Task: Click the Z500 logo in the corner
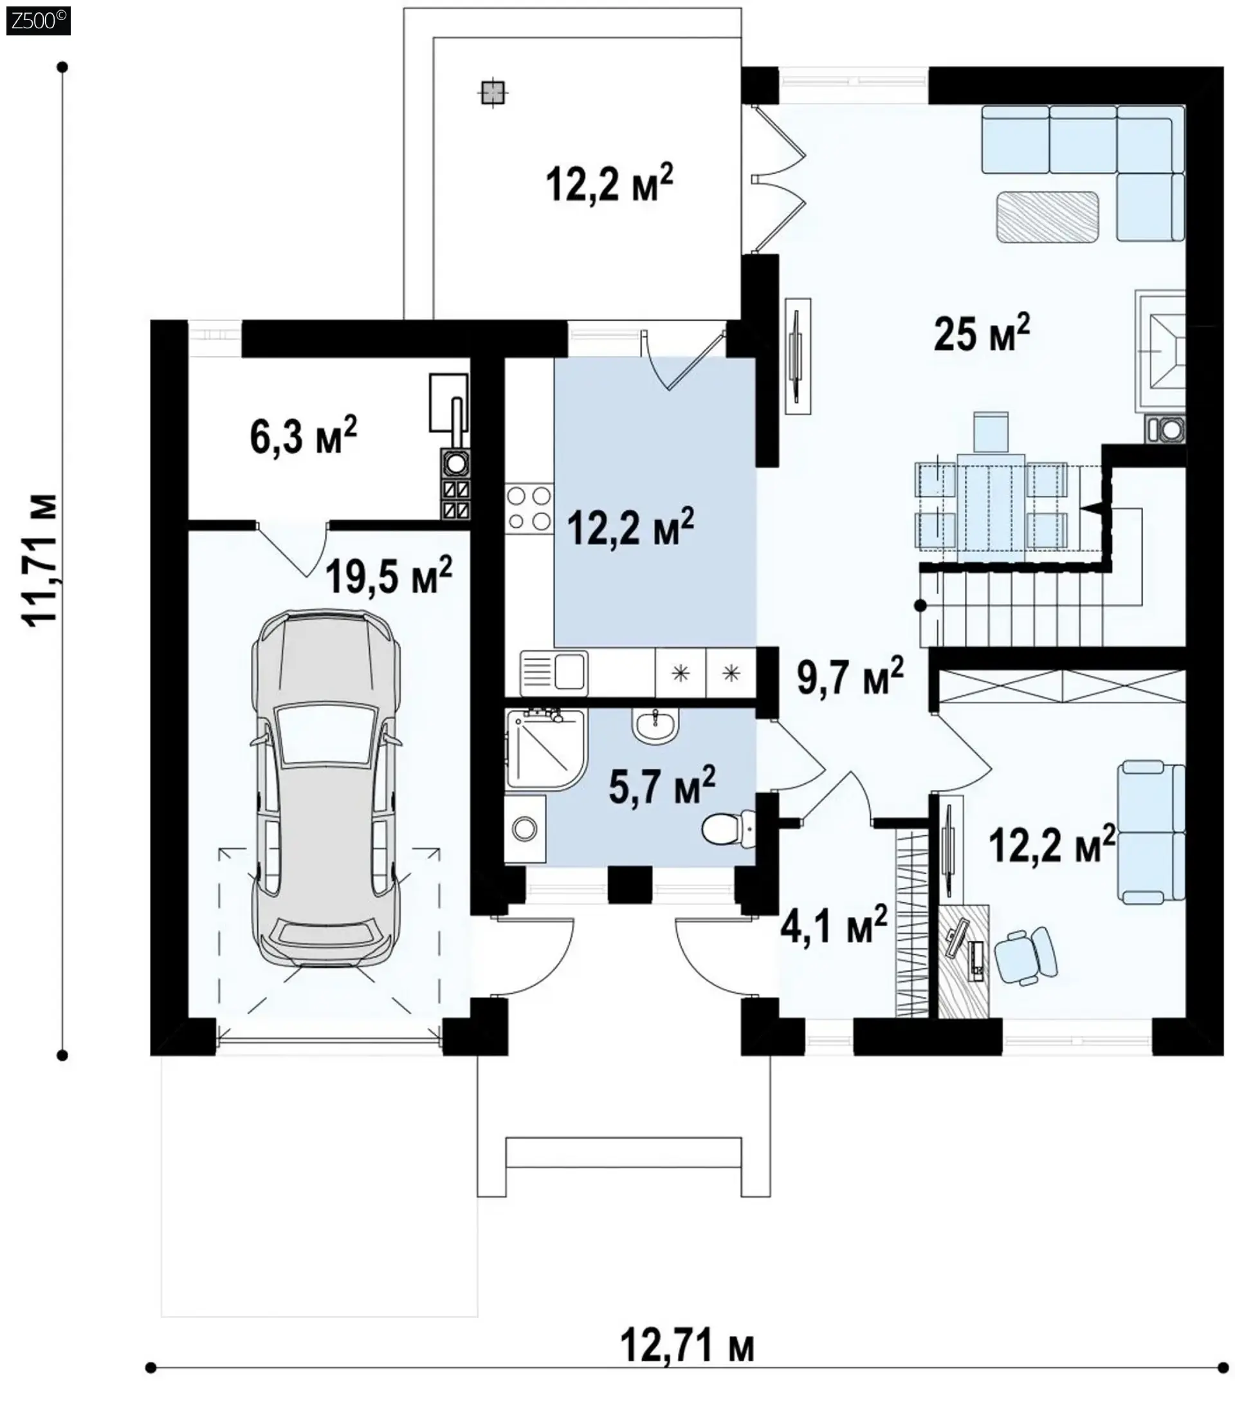pos(38,21)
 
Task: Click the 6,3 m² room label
pos(303,435)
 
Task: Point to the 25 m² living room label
pos(982,332)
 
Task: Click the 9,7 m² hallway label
pos(850,676)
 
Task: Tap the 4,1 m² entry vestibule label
pos(833,924)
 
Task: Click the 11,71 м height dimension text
pos(40,559)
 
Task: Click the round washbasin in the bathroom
pos(655,727)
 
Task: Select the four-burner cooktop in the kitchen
pos(529,508)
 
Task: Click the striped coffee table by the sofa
pos(1048,217)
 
